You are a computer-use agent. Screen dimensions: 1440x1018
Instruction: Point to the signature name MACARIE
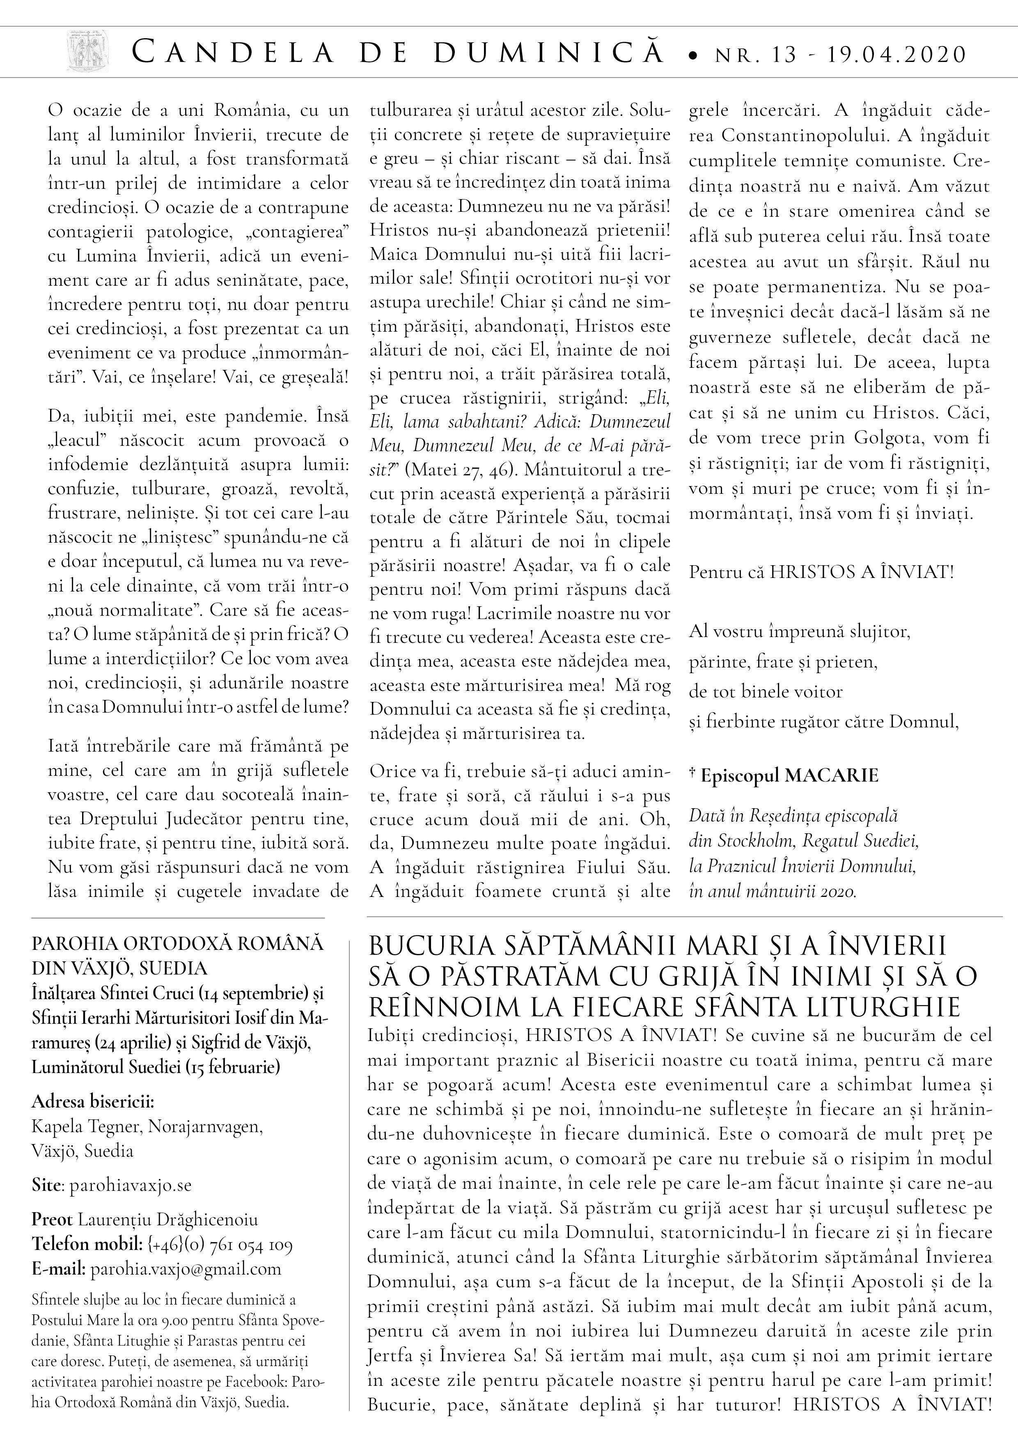click(831, 776)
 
